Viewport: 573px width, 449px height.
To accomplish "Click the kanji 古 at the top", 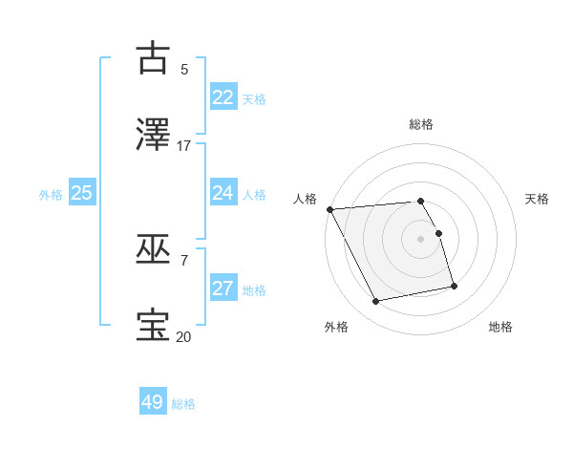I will click(x=154, y=58).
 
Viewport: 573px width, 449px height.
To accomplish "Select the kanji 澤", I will click(x=154, y=136).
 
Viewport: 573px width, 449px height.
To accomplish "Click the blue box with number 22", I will click(x=223, y=97).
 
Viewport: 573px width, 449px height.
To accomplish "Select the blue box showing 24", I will click(x=223, y=193).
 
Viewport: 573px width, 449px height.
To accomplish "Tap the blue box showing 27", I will click(x=223, y=289).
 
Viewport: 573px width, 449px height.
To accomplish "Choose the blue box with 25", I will click(x=82, y=193).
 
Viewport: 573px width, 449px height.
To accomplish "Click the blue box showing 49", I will click(x=153, y=402).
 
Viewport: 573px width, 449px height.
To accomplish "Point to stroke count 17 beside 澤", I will click(x=184, y=146).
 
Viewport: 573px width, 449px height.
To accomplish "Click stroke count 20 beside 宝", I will click(x=184, y=336).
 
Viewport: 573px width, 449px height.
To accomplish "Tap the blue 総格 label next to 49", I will click(x=183, y=404).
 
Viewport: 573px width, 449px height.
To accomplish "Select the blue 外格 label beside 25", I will click(x=51, y=195).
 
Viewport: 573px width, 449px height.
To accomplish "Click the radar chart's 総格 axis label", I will click(x=421, y=124).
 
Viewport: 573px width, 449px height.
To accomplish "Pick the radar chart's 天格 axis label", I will click(x=538, y=199).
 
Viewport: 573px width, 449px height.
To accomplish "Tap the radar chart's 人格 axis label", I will click(x=305, y=199).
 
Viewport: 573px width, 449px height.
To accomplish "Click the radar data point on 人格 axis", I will click(x=329, y=209).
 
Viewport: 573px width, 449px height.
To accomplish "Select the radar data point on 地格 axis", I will click(x=454, y=285).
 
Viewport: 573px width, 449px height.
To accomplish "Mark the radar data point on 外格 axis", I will click(x=376, y=302).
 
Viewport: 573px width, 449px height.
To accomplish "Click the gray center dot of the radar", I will click(x=421, y=239).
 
